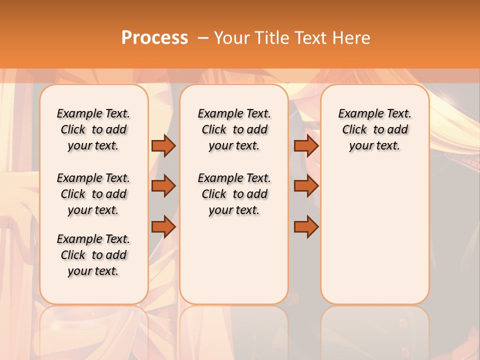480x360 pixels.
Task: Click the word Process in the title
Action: click(x=154, y=38)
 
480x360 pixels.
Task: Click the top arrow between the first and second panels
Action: click(x=163, y=145)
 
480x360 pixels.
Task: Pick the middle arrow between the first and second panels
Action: click(x=163, y=186)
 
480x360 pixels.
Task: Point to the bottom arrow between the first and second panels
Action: click(x=163, y=227)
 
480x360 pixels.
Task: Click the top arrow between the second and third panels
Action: click(x=306, y=145)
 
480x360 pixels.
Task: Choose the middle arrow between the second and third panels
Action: click(x=306, y=186)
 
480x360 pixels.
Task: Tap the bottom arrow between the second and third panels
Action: click(x=306, y=227)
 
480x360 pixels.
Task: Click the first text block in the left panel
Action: click(x=93, y=129)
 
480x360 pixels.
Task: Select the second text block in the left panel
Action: click(x=93, y=194)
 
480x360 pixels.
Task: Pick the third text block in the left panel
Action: click(x=93, y=255)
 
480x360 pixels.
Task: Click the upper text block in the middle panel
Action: click(x=234, y=129)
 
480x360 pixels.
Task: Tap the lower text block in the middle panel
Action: click(x=234, y=194)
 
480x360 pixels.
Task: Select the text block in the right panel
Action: click(x=374, y=129)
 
